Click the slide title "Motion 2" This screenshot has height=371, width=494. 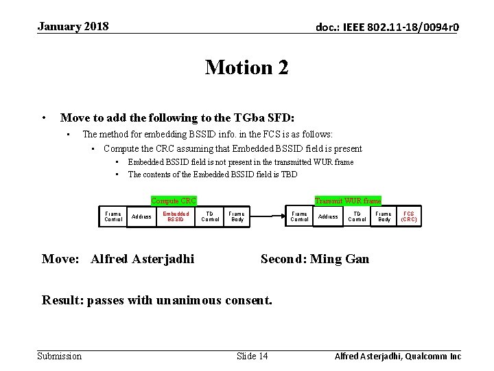pos(246,67)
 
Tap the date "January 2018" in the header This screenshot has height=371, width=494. pos(73,27)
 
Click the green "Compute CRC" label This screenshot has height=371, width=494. pos(174,201)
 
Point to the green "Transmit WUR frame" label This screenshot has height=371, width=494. pos(348,201)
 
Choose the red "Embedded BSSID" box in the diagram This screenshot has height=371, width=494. pos(176,217)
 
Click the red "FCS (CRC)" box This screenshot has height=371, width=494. pos(409,217)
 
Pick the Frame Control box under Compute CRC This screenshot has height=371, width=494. pos(113,217)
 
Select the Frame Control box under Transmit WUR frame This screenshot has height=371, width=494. pos(300,217)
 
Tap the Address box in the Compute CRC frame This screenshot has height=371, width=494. pos(141,217)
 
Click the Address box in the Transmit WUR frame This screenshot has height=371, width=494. pos(328,217)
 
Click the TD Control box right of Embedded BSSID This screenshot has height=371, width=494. pos(211,217)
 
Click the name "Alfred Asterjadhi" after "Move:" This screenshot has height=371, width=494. pos(142,259)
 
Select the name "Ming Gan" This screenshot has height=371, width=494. pos(340,259)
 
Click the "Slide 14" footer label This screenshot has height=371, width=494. pos(252,356)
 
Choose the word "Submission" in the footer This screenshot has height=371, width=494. pos(59,356)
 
